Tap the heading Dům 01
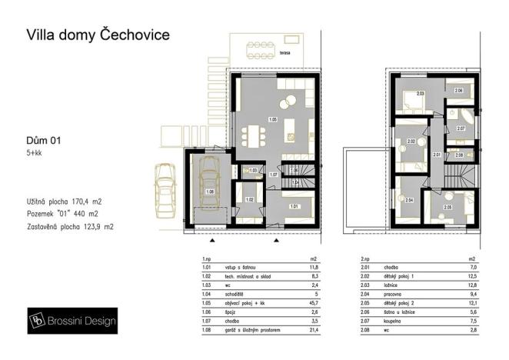click(x=43, y=140)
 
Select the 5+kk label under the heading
click(x=34, y=154)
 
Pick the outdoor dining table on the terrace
click(x=266, y=51)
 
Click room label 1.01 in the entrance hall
click(x=294, y=206)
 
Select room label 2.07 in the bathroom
click(x=461, y=128)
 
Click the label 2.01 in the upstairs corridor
click(x=436, y=155)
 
